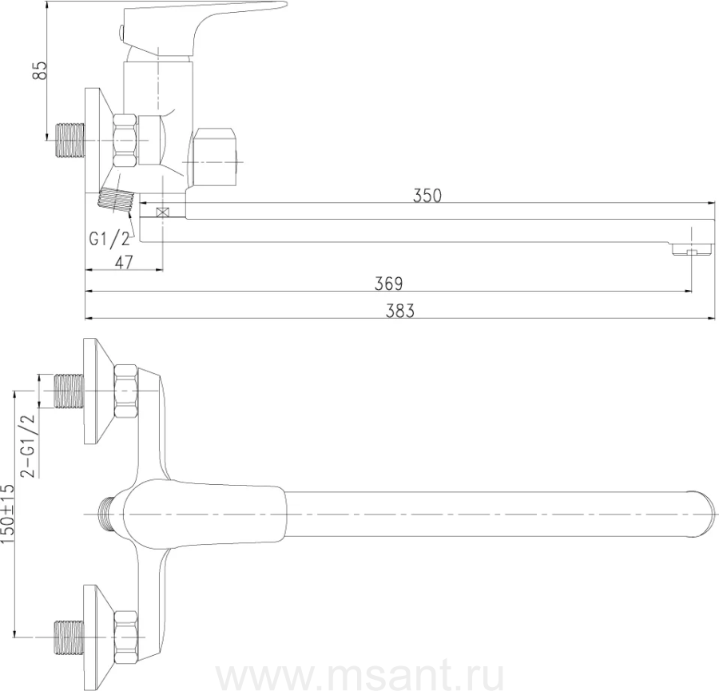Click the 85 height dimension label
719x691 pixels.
click(41, 70)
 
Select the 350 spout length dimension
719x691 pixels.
click(427, 196)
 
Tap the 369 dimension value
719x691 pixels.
click(388, 284)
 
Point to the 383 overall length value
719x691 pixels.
click(400, 311)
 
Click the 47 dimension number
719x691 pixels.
click(124, 262)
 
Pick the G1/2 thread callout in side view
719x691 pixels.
click(109, 239)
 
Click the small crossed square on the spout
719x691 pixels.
click(162, 212)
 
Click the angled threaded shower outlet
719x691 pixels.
click(115, 200)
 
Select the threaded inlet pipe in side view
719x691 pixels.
click(70, 141)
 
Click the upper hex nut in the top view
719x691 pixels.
click(125, 391)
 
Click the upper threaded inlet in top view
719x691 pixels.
click(70, 391)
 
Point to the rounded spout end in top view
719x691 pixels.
click(704, 514)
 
